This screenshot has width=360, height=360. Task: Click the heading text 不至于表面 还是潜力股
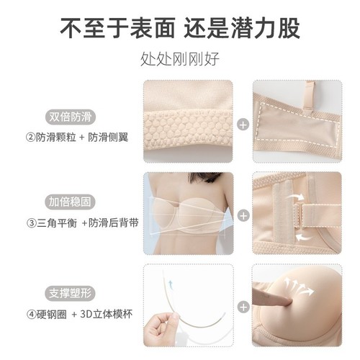180,28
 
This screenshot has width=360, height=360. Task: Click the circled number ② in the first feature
31,137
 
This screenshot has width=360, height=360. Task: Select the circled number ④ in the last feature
31,316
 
